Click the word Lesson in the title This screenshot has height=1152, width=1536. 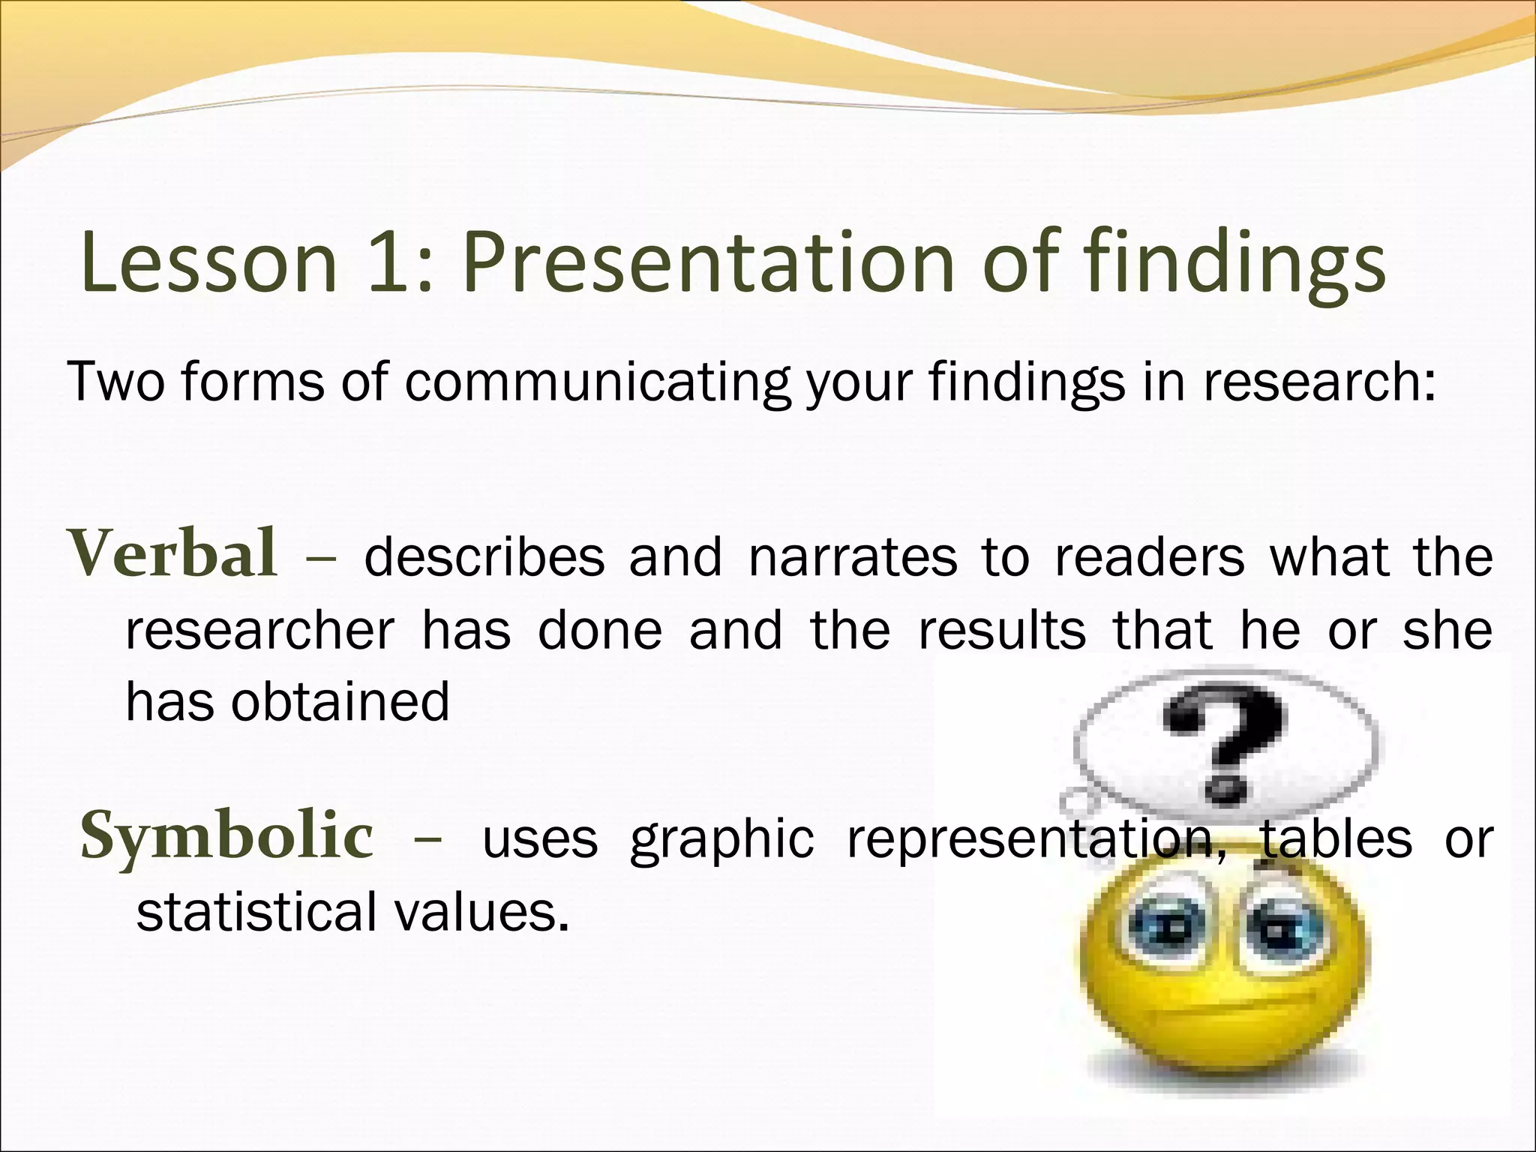coord(209,262)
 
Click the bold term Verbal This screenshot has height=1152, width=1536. coord(173,554)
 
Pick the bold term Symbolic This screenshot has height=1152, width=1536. coord(226,837)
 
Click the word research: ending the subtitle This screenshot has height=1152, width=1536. coord(1321,382)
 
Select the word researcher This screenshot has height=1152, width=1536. coord(259,631)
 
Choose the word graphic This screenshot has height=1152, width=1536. coord(721,840)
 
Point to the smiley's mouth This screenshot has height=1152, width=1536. coord(1230,1012)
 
